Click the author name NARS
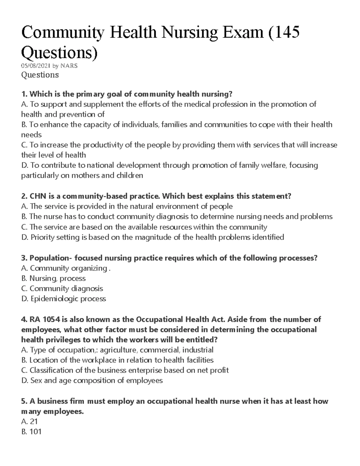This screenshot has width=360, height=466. [69, 66]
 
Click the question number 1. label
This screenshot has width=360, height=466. [24, 94]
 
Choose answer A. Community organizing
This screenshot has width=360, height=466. [66, 268]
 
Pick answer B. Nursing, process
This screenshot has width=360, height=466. [53, 278]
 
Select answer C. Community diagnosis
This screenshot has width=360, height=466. [62, 289]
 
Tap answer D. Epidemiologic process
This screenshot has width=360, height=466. [64, 299]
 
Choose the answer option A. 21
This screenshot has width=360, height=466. [29, 422]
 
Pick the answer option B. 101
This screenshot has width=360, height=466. [31, 432]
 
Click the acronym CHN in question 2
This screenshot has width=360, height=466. [37, 196]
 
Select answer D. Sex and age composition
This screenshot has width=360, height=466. [92, 380]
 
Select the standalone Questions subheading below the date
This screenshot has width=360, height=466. [40, 74]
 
